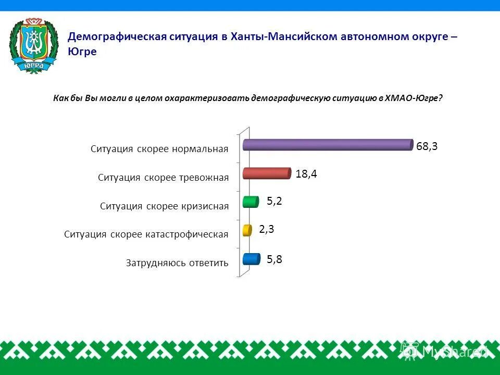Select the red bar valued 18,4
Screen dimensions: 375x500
pos(266,173)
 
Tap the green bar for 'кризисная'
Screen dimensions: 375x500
pos(251,202)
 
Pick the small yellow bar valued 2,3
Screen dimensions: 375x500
pos(247,230)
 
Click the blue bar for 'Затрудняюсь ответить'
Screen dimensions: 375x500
pos(252,258)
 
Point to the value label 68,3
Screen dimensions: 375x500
pos(427,146)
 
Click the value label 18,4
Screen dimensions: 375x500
pos(306,174)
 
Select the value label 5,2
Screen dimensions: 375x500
pos(274,202)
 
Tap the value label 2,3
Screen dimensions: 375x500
pos(267,229)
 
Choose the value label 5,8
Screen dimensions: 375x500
pos(274,259)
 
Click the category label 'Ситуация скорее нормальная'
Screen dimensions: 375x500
pos(159,149)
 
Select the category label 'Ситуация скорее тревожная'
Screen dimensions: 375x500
pos(163,178)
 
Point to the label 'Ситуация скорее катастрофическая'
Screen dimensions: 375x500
pos(146,234)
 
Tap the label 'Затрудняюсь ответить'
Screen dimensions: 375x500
pos(177,263)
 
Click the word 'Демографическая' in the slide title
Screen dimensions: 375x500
pos(117,37)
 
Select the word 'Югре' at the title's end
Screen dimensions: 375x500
pos(82,52)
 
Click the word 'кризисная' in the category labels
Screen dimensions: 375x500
pos(206,206)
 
